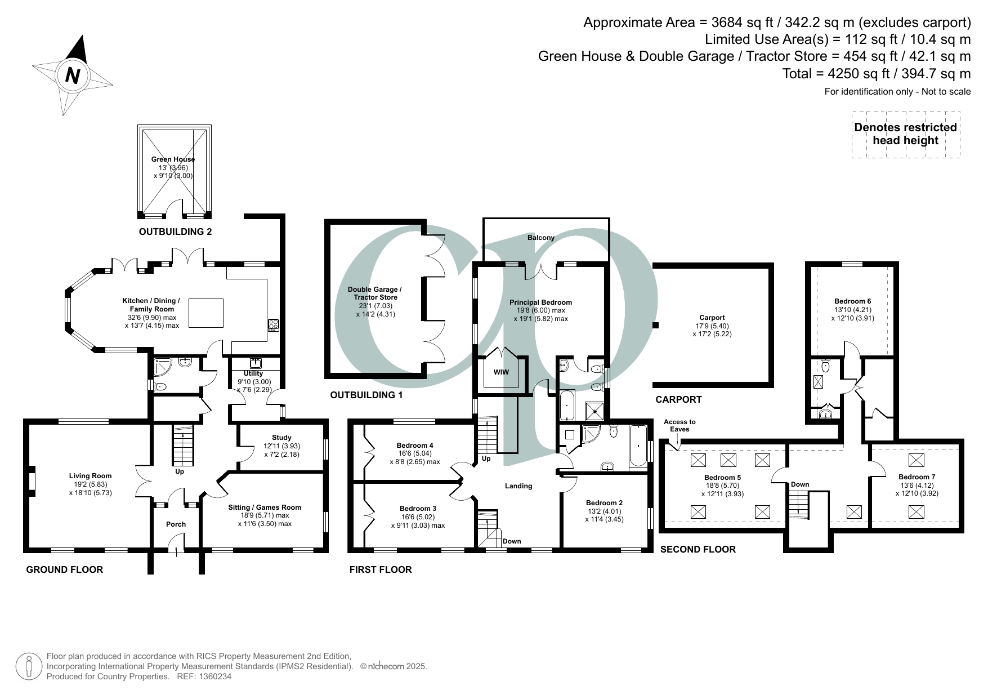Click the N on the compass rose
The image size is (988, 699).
pyautogui.click(x=72, y=75)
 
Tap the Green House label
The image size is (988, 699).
pyautogui.click(x=173, y=159)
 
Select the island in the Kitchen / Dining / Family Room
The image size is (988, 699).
pyautogui.click(x=205, y=313)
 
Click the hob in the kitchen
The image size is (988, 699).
pyautogui.click(x=274, y=325)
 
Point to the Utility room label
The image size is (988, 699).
pyautogui.click(x=253, y=373)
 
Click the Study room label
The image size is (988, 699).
pyautogui.click(x=281, y=438)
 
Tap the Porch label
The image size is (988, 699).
pyautogui.click(x=176, y=524)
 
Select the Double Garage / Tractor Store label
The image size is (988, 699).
pyautogui.click(x=375, y=293)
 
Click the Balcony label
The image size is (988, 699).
pyautogui.click(x=541, y=238)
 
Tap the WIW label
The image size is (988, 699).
pyautogui.click(x=501, y=373)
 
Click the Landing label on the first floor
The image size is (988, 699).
pyautogui.click(x=518, y=486)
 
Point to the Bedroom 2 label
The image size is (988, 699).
pyautogui.click(x=604, y=503)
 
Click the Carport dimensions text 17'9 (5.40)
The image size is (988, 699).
pyautogui.click(x=712, y=326)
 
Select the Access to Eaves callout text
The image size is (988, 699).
pyautogui.click(x=679, y=425)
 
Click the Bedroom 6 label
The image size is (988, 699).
pyautogui.click(x=852, y=301)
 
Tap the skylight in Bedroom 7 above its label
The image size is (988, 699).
pyautogui.click(x=917, y=460)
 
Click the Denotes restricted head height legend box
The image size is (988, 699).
pyautogui.click(x=905, y=134)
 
